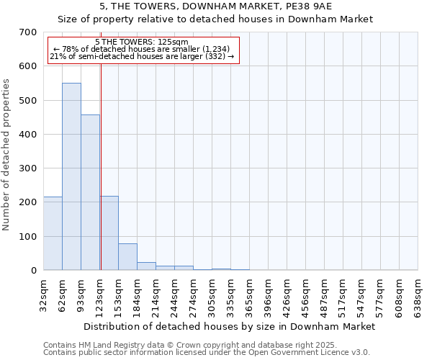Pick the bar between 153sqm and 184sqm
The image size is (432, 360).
point(127,257)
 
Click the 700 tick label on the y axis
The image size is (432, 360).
point(29,32)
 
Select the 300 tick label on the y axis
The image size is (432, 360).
point(29,168)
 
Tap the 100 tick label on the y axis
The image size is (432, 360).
point(29,237)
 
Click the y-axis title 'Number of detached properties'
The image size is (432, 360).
point(7,155)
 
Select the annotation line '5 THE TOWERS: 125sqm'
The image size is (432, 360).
point(141,42)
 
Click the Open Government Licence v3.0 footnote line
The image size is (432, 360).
point(206,353)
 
